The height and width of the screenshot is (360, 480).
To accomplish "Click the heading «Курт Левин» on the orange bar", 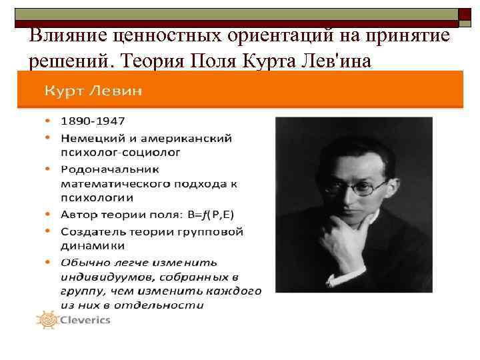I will click(93, 91).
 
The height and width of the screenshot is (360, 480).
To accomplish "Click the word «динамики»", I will click(89, 245).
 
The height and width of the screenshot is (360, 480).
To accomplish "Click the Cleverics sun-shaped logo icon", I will click(47, 319).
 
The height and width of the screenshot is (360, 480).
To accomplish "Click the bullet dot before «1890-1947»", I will click(49, 121).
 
